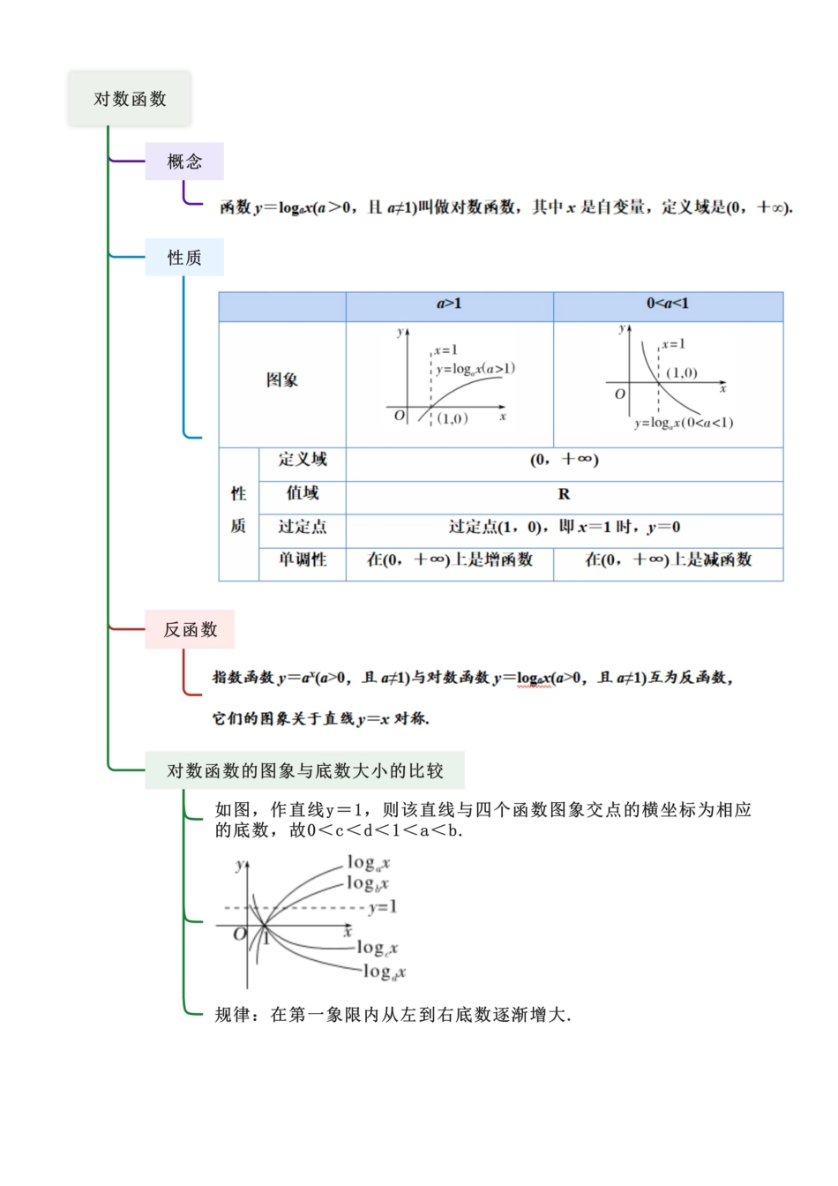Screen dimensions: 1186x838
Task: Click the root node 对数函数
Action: (x=130, y=99)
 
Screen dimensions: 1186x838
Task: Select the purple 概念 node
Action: (x=184, y=161)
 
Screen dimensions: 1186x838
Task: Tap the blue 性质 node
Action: (x=184, y=258)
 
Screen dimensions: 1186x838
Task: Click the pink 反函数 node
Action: (x=190, y=629)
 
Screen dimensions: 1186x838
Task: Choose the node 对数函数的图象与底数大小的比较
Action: (x=304, y=770)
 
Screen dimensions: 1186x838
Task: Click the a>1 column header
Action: (x=449, y=304)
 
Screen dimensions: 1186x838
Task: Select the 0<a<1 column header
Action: (x=668, y=304)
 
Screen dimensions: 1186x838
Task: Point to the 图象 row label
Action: (x=282, y=380)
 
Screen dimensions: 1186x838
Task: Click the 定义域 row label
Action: (x=302, y=460)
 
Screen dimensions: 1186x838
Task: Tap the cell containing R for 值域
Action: (x=564, y=494)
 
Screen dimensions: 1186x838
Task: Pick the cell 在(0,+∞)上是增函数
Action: (x=449, y=559)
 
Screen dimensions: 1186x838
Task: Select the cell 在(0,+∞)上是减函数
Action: (x=668, y=559)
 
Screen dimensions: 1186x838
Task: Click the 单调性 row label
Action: (x=302, y=559)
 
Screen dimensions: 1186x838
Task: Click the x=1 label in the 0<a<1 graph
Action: (x=673, y=344)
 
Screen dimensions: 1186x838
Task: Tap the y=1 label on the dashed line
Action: (x=383, y=907)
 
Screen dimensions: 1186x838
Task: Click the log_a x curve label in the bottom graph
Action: (x=368, y=863)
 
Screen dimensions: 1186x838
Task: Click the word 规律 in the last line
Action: (x=233, y=1015)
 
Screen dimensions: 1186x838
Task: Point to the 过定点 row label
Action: (x=302, y=527)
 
